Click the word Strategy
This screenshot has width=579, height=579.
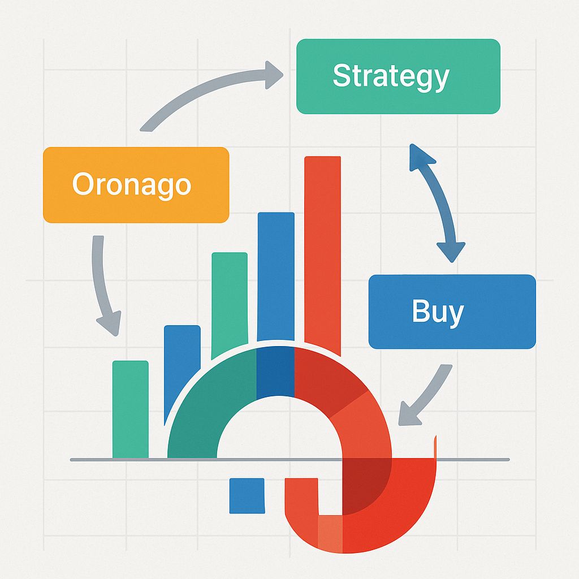(x=391, y=76)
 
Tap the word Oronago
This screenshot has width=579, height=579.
(x=132, y=184)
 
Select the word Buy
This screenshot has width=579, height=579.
(x=438, y=312)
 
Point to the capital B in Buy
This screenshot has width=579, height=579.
(x=420, y=310)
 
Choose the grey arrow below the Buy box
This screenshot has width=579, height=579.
(x=429, y=397)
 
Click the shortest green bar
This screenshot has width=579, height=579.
(x=131, y=409)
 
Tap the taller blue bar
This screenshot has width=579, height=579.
(x=276, y=276)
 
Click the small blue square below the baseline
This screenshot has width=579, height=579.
(x=247, y=495)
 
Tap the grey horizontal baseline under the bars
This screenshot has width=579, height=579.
(x=290, y=460)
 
